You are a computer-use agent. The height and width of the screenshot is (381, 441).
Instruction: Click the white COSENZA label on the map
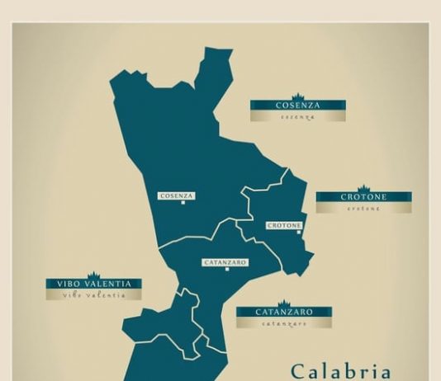[x=177, y=196]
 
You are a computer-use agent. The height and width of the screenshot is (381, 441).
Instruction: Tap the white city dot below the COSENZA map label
[x=183, y=203]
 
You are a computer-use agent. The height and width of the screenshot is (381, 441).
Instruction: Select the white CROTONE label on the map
[x=284, y=225]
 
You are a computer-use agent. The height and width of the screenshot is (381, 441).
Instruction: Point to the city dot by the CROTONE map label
[x=299, y=232]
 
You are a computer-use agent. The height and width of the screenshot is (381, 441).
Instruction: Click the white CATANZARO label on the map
[x=225, y=263]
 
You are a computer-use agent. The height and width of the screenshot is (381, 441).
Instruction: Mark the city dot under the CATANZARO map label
[x=227, y=270]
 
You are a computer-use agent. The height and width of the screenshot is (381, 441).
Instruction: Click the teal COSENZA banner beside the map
[x=298, y=106]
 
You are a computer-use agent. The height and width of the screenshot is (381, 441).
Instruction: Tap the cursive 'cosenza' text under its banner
[x=298, y=117]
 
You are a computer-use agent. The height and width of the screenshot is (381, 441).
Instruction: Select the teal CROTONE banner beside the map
[x=363, y=197]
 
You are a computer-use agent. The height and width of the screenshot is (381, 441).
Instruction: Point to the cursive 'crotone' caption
[x=363, y=209]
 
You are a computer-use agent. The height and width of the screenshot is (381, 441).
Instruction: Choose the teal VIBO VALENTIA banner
[x=93, y=284]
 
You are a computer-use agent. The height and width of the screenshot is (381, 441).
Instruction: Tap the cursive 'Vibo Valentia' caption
[x=93, y=294]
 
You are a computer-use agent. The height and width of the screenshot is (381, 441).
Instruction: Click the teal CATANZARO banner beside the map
[x=284, y=313]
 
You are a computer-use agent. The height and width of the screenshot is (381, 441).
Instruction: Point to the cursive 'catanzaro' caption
[x=284, y=323]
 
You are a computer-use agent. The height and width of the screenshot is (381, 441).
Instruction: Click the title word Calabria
[x=340, y=370]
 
